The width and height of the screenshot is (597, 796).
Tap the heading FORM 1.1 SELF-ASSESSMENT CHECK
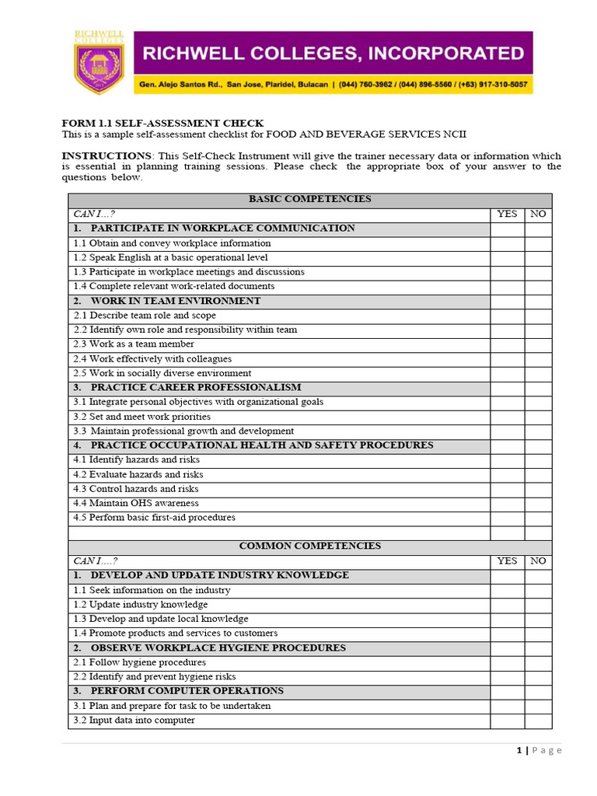[x=162, y=123]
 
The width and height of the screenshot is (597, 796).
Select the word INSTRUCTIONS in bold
[x=106, y=155]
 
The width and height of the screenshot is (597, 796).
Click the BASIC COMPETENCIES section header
[x=309, y=199]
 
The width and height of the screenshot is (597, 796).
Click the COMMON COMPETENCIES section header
[x=309, y=546]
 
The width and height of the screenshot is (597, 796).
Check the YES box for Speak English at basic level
[x=507, y=257]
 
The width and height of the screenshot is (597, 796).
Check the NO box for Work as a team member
[x=538, y=344]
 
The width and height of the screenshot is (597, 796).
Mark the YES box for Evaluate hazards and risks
[x=507, y=474]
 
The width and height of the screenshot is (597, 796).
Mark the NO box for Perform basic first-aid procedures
[x=538, y=518]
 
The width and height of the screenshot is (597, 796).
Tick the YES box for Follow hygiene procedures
[x=507, y=662]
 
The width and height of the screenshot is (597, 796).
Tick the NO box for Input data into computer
[x=538, y=721]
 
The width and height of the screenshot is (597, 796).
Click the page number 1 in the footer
[x=518, y=750]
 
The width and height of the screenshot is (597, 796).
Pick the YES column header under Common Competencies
[x=507, y=560]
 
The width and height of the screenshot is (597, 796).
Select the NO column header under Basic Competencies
[x=538, y=214]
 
